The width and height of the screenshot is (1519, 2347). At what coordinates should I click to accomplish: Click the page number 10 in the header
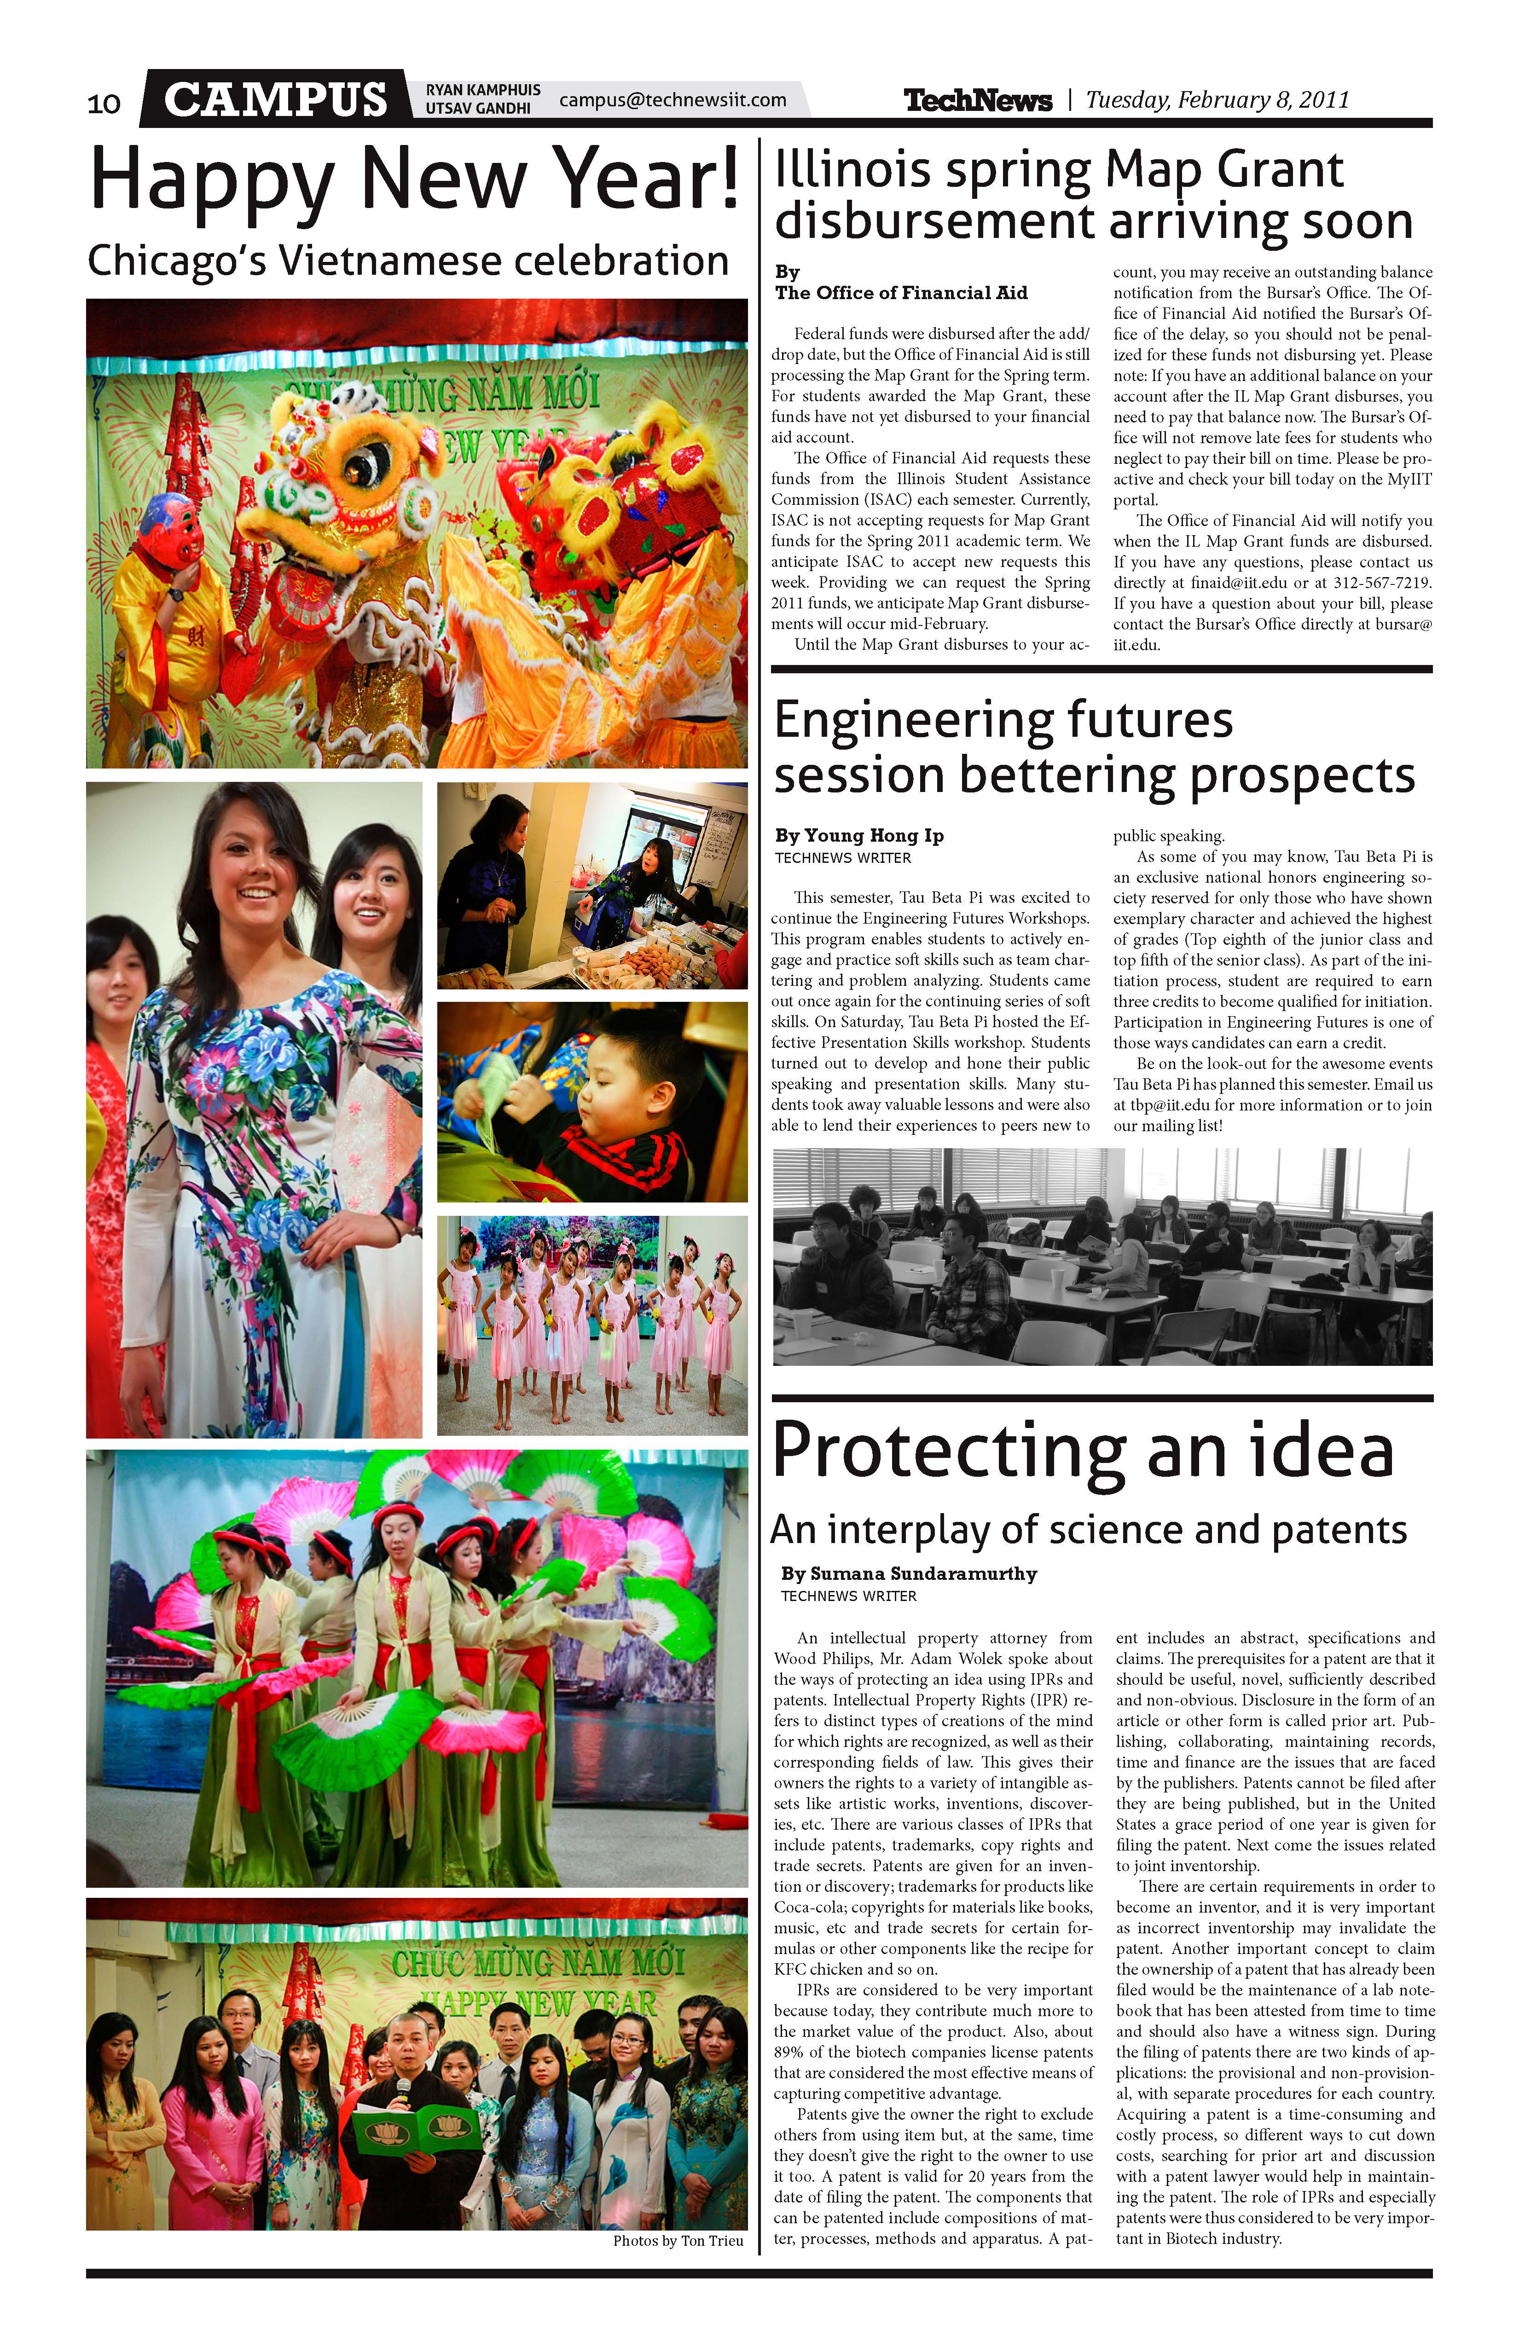104,103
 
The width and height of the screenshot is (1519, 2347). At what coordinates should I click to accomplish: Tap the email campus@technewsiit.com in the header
673,99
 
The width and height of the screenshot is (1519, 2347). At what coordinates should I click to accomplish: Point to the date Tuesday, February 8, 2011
1217,99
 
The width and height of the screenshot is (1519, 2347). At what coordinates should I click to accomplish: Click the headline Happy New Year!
414,178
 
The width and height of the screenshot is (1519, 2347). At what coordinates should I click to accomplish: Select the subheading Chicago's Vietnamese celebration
407,261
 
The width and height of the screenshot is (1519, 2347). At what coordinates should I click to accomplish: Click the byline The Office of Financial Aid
900,293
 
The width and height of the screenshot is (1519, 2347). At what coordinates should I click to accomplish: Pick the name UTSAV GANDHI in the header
477,109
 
